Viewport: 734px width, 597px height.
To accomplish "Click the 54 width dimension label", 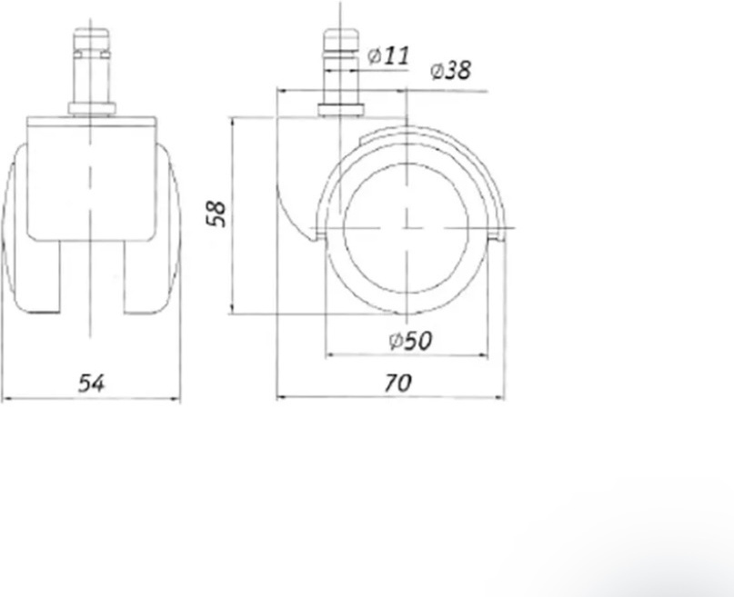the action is pos(91,383).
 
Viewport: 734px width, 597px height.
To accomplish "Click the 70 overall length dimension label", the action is pos(397,383).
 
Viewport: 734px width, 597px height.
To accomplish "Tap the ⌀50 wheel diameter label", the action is pos(410,342).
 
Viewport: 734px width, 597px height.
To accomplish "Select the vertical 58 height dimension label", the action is pos(216,214).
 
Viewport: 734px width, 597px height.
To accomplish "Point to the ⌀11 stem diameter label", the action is pos(388,55).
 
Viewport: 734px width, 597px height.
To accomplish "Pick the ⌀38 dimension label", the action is pos(450,71).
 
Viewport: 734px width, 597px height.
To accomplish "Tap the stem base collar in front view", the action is pos(92,109).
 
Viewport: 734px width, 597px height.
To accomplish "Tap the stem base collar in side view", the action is pos(341,110).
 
